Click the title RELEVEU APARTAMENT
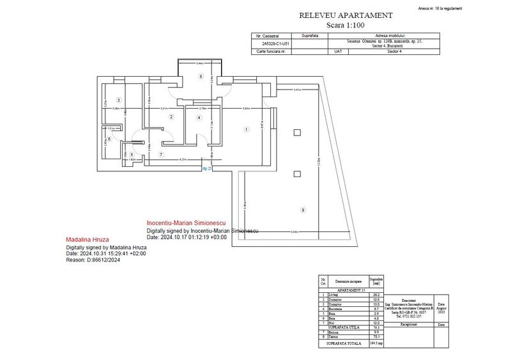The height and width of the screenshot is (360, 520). coord(346,15)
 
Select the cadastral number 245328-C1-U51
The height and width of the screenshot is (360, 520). coord(271,43)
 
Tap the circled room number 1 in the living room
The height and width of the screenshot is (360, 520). coord(247,130)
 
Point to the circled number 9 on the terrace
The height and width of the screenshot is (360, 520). coord(302,210)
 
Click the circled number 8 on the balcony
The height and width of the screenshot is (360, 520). coord(201,77)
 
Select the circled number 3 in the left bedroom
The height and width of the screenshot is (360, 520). coord(118,100)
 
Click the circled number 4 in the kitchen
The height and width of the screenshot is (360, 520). coord(199,118)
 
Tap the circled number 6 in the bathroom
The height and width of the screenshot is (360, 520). coord(109,139)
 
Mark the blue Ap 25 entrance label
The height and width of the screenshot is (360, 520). coord(207,168)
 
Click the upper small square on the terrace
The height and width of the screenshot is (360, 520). coord(296,132)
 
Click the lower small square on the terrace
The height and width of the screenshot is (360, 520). coord(296,173)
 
